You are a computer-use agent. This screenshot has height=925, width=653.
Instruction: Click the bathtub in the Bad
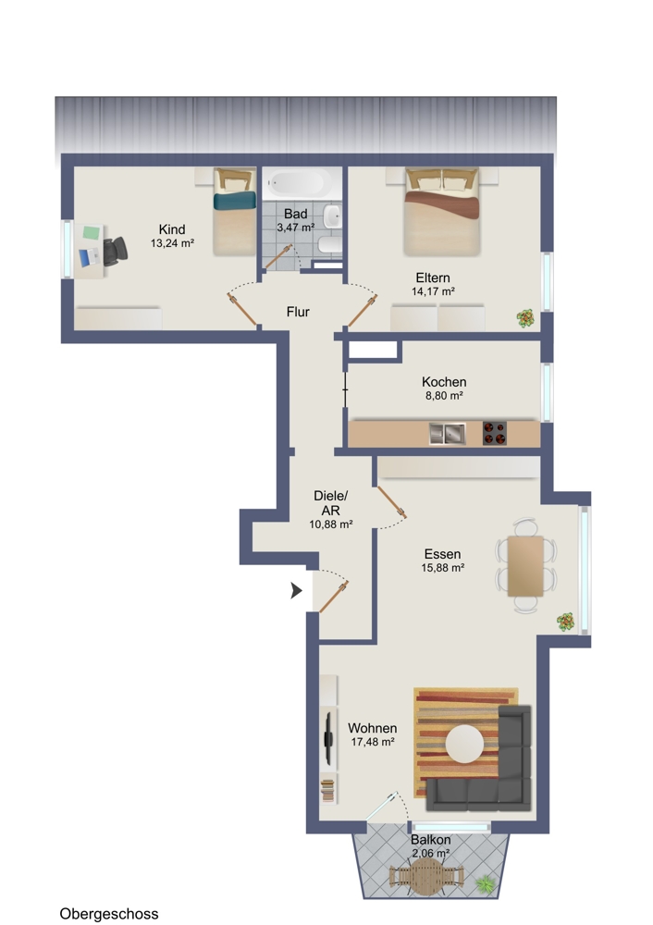pyautogui.click(x=301, y=182)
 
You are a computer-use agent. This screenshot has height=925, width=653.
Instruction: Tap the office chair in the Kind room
pyautogui.click(x=115, y=251)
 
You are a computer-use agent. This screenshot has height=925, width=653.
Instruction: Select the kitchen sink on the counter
pyautogui.click(x=447, y=434)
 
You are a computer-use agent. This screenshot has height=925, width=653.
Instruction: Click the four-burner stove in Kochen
pyautogui.click(x=494, y=433)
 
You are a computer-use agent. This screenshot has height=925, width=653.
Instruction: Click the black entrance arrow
pyautogui.click(x=296, y=590)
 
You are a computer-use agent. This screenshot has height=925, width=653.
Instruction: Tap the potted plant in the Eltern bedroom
pyautogui.click(x=525, y=318)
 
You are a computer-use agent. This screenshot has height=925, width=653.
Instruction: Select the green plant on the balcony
pyautogui.click(x=485, y=882)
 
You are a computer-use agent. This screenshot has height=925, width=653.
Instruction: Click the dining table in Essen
pyautogui.click(x=525, y=566)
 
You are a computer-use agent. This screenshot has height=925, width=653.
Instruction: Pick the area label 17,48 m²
pyautogui.click(x=373, y=742)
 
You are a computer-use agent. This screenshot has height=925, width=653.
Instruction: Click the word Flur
pyautogui.click(x=298, y=312)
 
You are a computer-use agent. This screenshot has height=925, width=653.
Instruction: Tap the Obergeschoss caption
pyautogui.click(x=109, y=914)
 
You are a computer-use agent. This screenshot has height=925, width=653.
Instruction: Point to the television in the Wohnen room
pyautogui.click(x=328, y=738)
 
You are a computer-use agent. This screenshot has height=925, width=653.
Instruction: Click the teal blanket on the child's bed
pyautogui.click(x=235, y=201)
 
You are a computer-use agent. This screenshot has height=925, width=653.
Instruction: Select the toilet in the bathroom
pyautogui.click(x=329, y=244)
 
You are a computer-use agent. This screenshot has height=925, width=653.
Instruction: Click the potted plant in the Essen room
pyautogui.click(x=566, y=622)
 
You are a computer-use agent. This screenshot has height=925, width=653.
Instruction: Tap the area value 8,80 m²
pyautogui.click(x=444, y=396)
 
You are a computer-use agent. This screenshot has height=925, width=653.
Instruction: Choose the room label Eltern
pyautogui.click(x=432, y=277)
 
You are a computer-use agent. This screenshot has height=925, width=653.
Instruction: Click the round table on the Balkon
pyautogui.click(x=425, y=876)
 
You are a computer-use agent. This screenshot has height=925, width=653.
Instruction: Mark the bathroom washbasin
pyautogui.click(x=333, y=216)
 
